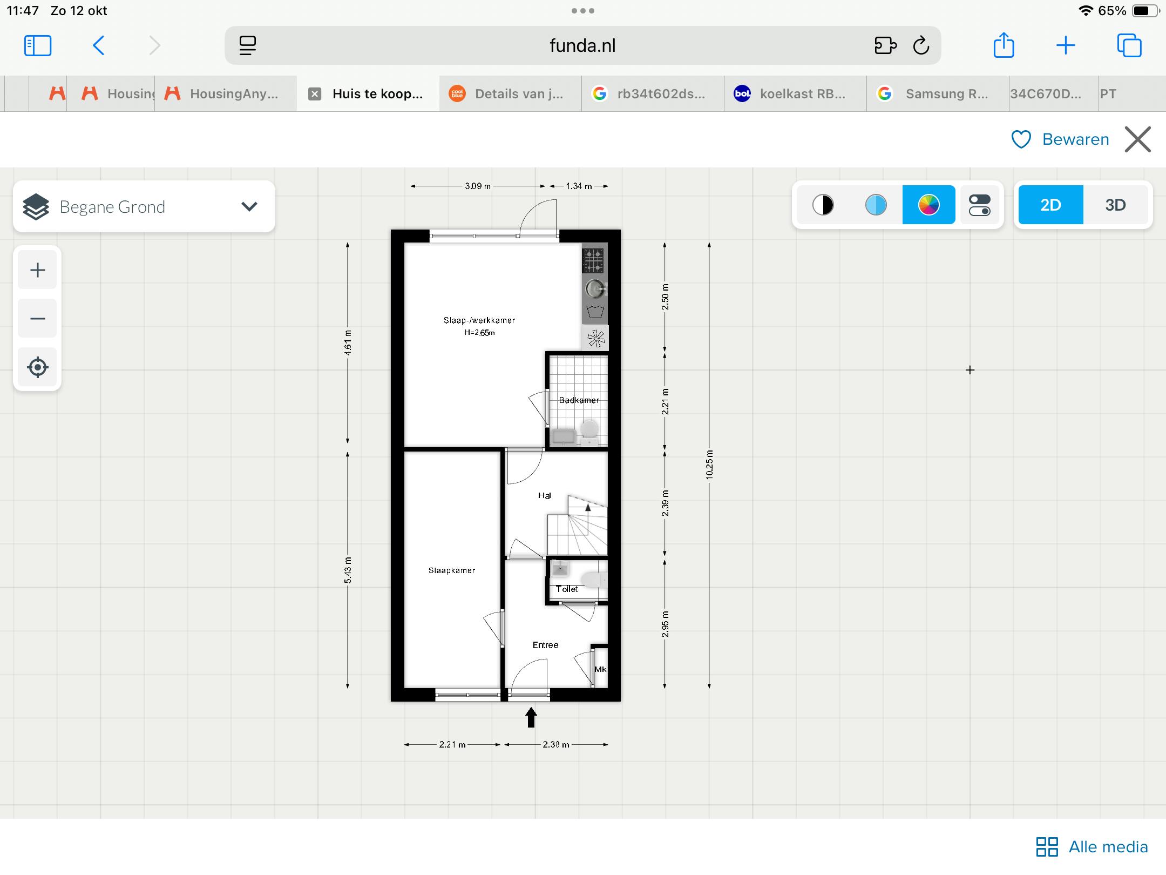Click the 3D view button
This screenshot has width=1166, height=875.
pos(1115,205)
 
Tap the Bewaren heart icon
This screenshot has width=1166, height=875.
pos(1021,139)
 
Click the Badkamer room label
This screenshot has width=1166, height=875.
pos(579,400)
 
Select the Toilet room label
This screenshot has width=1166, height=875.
pos(567,589)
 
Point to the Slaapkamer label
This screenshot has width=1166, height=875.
pos(452,570)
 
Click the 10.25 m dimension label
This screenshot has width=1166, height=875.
pos(709,465)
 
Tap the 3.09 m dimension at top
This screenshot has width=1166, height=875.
pos(478,186)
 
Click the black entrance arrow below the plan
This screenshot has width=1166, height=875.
pos(531,718)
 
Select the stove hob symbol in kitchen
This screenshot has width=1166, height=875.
pos(593,261)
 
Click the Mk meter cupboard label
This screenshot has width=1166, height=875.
pos(600,669)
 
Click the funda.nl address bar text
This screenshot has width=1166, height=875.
pos(582,45)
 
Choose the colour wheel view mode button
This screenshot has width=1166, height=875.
pos(928,205)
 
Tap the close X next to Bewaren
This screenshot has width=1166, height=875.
pos(1138,139)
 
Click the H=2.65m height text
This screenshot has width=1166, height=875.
pos(479,333)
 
